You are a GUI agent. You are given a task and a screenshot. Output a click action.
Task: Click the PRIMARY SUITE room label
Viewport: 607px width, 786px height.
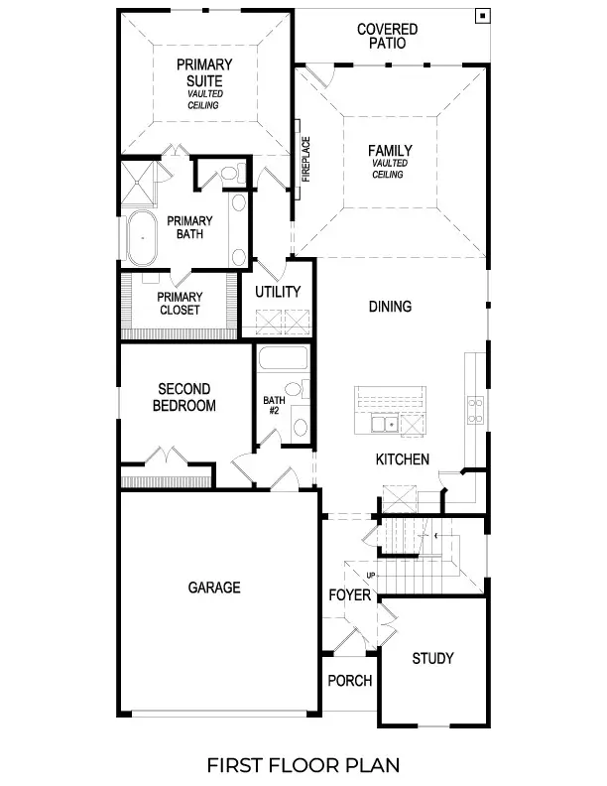click(205, 72)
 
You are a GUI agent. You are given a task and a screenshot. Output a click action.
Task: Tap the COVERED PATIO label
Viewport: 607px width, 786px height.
click(387, 37)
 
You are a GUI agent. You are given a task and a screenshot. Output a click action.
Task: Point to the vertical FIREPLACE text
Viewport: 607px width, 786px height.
click(306, 158)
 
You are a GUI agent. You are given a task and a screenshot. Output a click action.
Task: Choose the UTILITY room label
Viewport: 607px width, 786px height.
click(278, 292)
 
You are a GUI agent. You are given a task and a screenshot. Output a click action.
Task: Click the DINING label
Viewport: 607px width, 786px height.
click(390, 307)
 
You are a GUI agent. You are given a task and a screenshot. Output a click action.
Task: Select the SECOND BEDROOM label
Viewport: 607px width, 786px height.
click(184, 397)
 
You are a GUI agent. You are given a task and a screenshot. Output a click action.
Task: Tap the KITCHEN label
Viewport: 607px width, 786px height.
click(402, 459)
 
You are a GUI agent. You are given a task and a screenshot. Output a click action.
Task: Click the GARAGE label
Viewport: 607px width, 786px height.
click(214, 588)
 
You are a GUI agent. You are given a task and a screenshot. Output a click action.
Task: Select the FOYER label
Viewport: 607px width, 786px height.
click(350, 595)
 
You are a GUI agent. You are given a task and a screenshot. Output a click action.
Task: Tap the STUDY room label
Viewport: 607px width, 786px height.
click(432, 658)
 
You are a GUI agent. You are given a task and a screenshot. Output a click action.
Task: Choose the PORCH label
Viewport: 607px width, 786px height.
click(350, 681)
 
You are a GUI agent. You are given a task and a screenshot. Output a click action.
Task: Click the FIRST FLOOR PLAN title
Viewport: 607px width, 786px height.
click(303, 764)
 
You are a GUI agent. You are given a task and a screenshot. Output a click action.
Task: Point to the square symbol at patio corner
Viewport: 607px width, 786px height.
click(481, 15)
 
